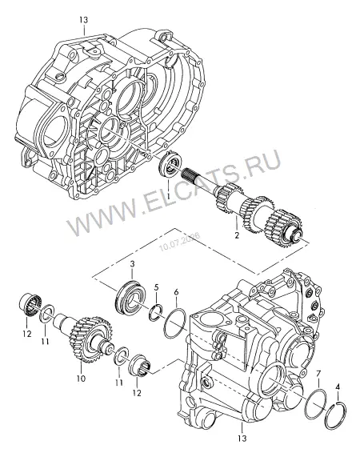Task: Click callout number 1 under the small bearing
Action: pos(168,196)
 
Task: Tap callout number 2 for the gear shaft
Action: pos(237,235)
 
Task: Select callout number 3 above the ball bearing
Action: pos(133,264)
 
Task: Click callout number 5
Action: pos(156,287)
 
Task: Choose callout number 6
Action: pos(176,291)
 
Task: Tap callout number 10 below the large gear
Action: pos(81,379)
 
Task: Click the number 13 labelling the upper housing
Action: pos(84,20)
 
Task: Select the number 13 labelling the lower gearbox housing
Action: pos(242,439)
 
